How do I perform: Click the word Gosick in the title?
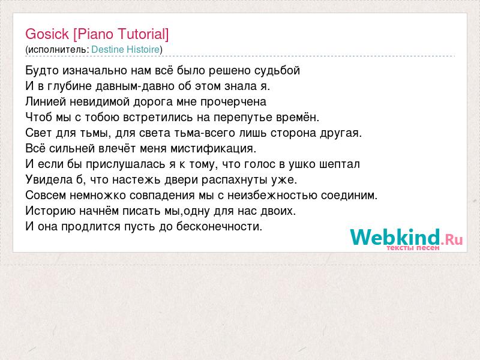point(47,34)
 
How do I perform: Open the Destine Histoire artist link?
point(125,49)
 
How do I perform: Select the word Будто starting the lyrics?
point(42,71)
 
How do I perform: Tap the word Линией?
point(46,101)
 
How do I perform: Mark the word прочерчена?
point(233,102)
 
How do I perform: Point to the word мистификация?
point(213,149)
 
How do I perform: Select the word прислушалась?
point(126,164)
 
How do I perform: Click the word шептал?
point(340,164)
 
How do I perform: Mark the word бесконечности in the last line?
point(219,227)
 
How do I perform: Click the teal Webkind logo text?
point(395,237)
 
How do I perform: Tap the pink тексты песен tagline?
point(413,248)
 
